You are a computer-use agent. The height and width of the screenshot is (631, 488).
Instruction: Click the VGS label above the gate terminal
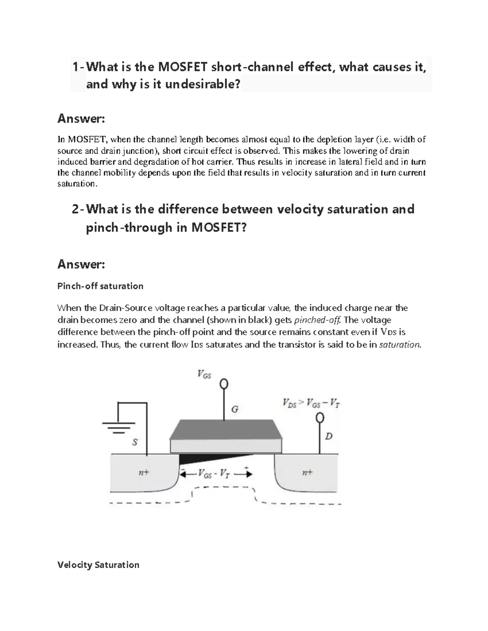[204, 374]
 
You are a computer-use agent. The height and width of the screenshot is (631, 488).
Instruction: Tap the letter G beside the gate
[235, 409]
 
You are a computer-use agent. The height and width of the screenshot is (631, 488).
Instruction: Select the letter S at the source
[135, 442]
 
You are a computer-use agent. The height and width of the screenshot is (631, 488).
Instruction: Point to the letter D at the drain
[329, 436]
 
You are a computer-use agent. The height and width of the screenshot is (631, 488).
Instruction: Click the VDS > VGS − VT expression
[311, 403]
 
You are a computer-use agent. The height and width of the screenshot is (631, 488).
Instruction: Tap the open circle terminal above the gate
[224, 384]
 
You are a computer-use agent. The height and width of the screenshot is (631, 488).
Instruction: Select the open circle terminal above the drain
[320, 418]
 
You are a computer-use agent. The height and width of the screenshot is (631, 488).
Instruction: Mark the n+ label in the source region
[144, 473]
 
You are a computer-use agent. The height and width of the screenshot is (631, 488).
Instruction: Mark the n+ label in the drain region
[307, 472]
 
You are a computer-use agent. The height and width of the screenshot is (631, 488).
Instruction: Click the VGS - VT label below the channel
[214, 474]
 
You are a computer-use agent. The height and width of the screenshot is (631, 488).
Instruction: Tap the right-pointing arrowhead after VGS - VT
[248, 474]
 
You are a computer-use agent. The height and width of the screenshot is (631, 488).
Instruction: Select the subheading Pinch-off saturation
[100, 286]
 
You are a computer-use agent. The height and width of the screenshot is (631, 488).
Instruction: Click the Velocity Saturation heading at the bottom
[98, 565]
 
